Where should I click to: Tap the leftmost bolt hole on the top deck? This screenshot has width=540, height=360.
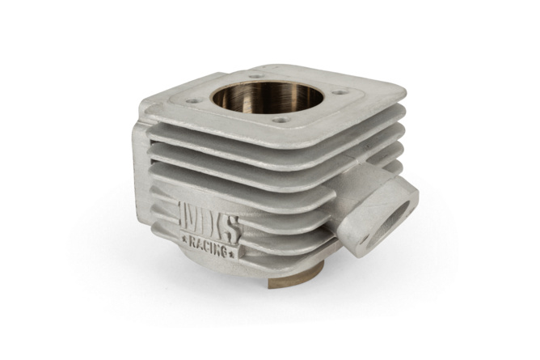193,101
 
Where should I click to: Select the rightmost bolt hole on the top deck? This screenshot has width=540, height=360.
340,92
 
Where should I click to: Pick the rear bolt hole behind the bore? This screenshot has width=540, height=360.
255,76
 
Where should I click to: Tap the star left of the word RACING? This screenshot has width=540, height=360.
184,238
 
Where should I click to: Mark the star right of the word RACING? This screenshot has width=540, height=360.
231,255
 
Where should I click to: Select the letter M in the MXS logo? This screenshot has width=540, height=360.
189,218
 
